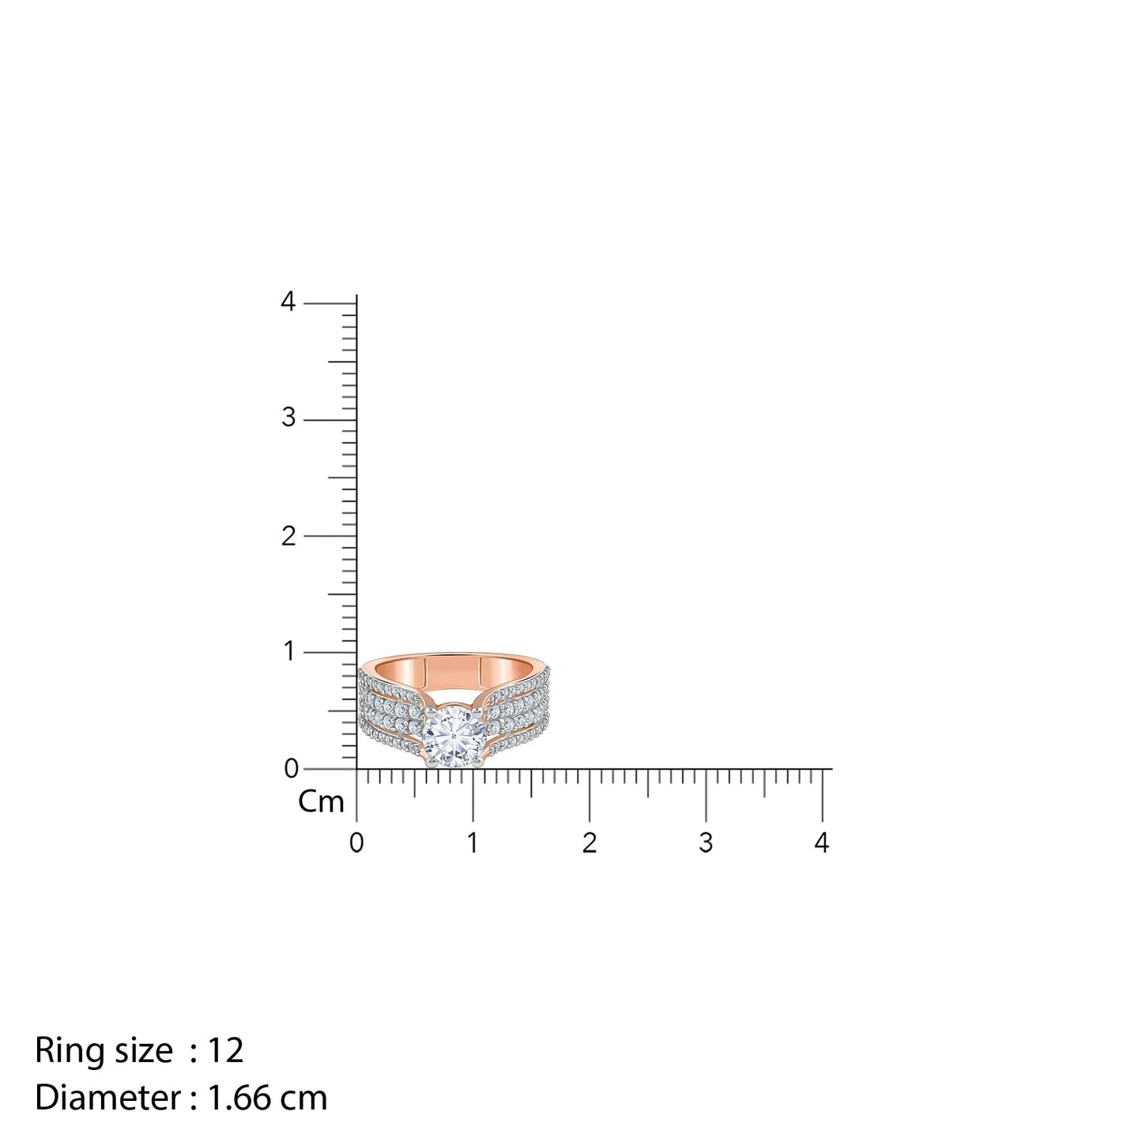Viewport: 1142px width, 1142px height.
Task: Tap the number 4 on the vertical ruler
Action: pos(288,302)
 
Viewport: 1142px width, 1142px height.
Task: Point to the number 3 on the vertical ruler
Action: pos(288,418)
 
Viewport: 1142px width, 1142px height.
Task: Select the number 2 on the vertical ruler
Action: pos(288,535)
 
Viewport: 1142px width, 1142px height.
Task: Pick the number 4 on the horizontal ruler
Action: pos(822,843)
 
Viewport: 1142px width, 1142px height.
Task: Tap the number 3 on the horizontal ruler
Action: pos(706,843)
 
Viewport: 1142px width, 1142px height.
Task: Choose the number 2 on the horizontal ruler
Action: pos(589,843)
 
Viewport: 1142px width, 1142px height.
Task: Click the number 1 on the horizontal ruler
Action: pos(473,843)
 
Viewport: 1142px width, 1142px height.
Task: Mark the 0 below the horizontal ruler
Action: pos(356,843)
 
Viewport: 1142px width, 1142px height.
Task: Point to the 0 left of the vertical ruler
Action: pos(290,769)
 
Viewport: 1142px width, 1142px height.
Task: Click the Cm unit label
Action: pos(321,802)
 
